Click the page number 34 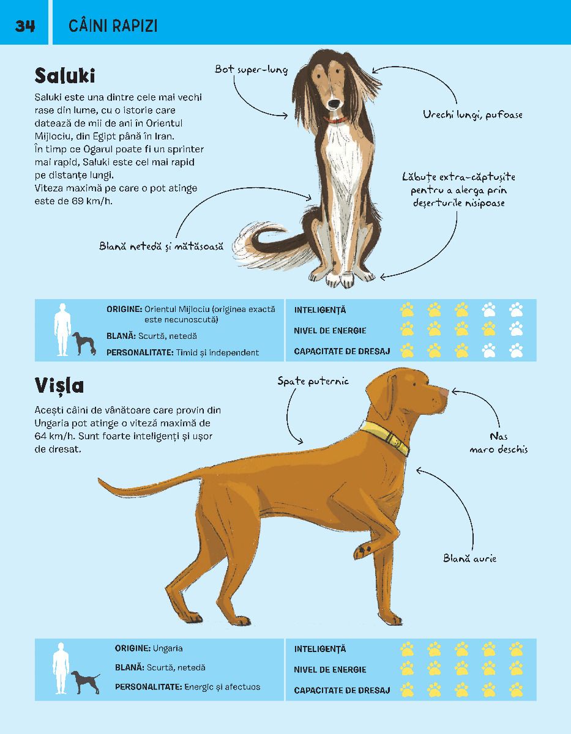pos(24,26)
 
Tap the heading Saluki pos(64,76)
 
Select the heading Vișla pos(59,385)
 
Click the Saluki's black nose pos(334,103)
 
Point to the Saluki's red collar pos(335,119)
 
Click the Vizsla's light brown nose pos(444,393)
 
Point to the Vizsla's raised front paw pos(364,550)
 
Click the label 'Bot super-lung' pos(251,70)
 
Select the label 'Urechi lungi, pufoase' pos(472,115)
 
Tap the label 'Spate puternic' pos(313,381)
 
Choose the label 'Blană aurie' pos(469,558)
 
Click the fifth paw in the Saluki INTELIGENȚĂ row pos(516,310)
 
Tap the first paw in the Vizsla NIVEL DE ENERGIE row pos(407,668)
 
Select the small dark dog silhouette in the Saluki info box pos(84,344)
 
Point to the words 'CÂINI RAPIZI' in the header pos(113,26)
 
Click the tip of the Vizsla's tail pos(99,478)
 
